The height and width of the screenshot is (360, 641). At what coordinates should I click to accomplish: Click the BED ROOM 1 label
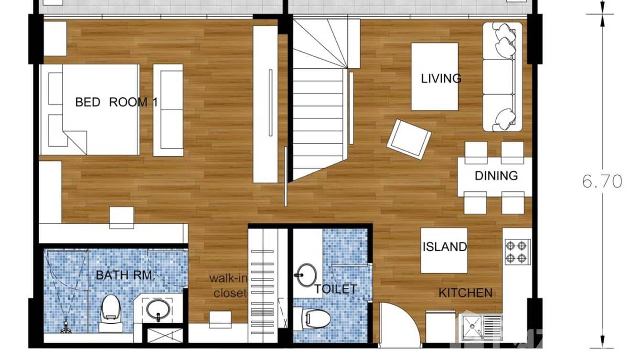click(x=117, y=102)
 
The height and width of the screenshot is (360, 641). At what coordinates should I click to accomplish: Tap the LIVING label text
click(x=441, y=78)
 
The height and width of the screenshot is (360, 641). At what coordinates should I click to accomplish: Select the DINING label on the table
click(x=496, y=176)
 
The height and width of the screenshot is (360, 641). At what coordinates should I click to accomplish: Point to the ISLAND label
click(x=444, y=247)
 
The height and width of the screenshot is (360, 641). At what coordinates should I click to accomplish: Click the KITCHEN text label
click(x=465, y=293)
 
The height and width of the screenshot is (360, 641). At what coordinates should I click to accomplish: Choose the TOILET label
click(x=335, y=289)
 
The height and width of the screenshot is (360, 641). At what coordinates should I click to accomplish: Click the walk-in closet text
click(x=230, y=286)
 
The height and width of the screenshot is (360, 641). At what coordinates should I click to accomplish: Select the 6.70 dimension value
click(x=602, y=181)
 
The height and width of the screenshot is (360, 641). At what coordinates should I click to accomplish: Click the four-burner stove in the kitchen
click(x=518, y=252)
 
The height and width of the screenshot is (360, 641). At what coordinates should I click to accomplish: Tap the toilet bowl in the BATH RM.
click(x=111, y=313)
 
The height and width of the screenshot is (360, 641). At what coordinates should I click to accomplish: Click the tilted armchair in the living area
click(x=409, y=138)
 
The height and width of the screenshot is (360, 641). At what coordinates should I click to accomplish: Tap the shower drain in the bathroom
click(x=65, y=328)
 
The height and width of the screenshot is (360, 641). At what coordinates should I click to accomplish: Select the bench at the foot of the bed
click(x=168, y=110)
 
